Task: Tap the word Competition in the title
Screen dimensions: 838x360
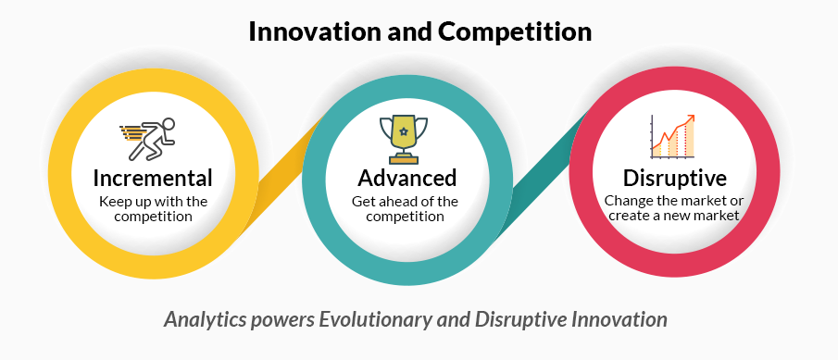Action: [515, 32]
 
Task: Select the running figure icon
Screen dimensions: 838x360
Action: [148, 139]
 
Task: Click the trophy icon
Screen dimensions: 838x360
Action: [404, 140]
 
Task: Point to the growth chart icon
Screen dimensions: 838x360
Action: [672, 137]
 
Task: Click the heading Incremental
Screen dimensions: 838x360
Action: [152, 178]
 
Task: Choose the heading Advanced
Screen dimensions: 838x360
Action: [406, 178]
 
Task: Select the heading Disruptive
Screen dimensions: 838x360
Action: [674, 178]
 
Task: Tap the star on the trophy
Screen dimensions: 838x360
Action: [404, 130]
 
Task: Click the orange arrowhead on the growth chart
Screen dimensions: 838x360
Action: [691, 118]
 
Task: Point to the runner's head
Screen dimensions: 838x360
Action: [169, 124]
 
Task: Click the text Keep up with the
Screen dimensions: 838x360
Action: [153, 202]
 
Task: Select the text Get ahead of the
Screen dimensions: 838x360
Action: [405, 202]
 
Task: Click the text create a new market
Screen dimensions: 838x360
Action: [674, 216]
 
